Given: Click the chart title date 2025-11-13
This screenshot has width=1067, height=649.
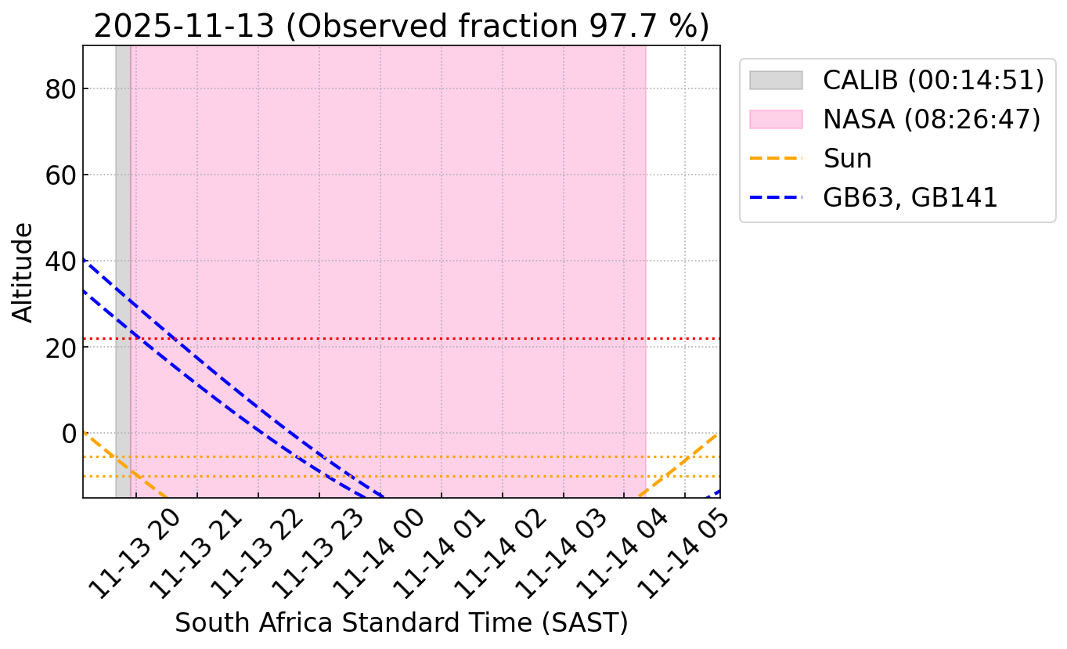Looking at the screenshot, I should coord(183,26).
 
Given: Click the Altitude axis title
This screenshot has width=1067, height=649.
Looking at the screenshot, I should coord(24,272).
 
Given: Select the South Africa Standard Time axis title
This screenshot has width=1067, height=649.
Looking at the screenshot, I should coord(401,623).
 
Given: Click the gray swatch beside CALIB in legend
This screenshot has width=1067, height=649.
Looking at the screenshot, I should coord(776,80).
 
